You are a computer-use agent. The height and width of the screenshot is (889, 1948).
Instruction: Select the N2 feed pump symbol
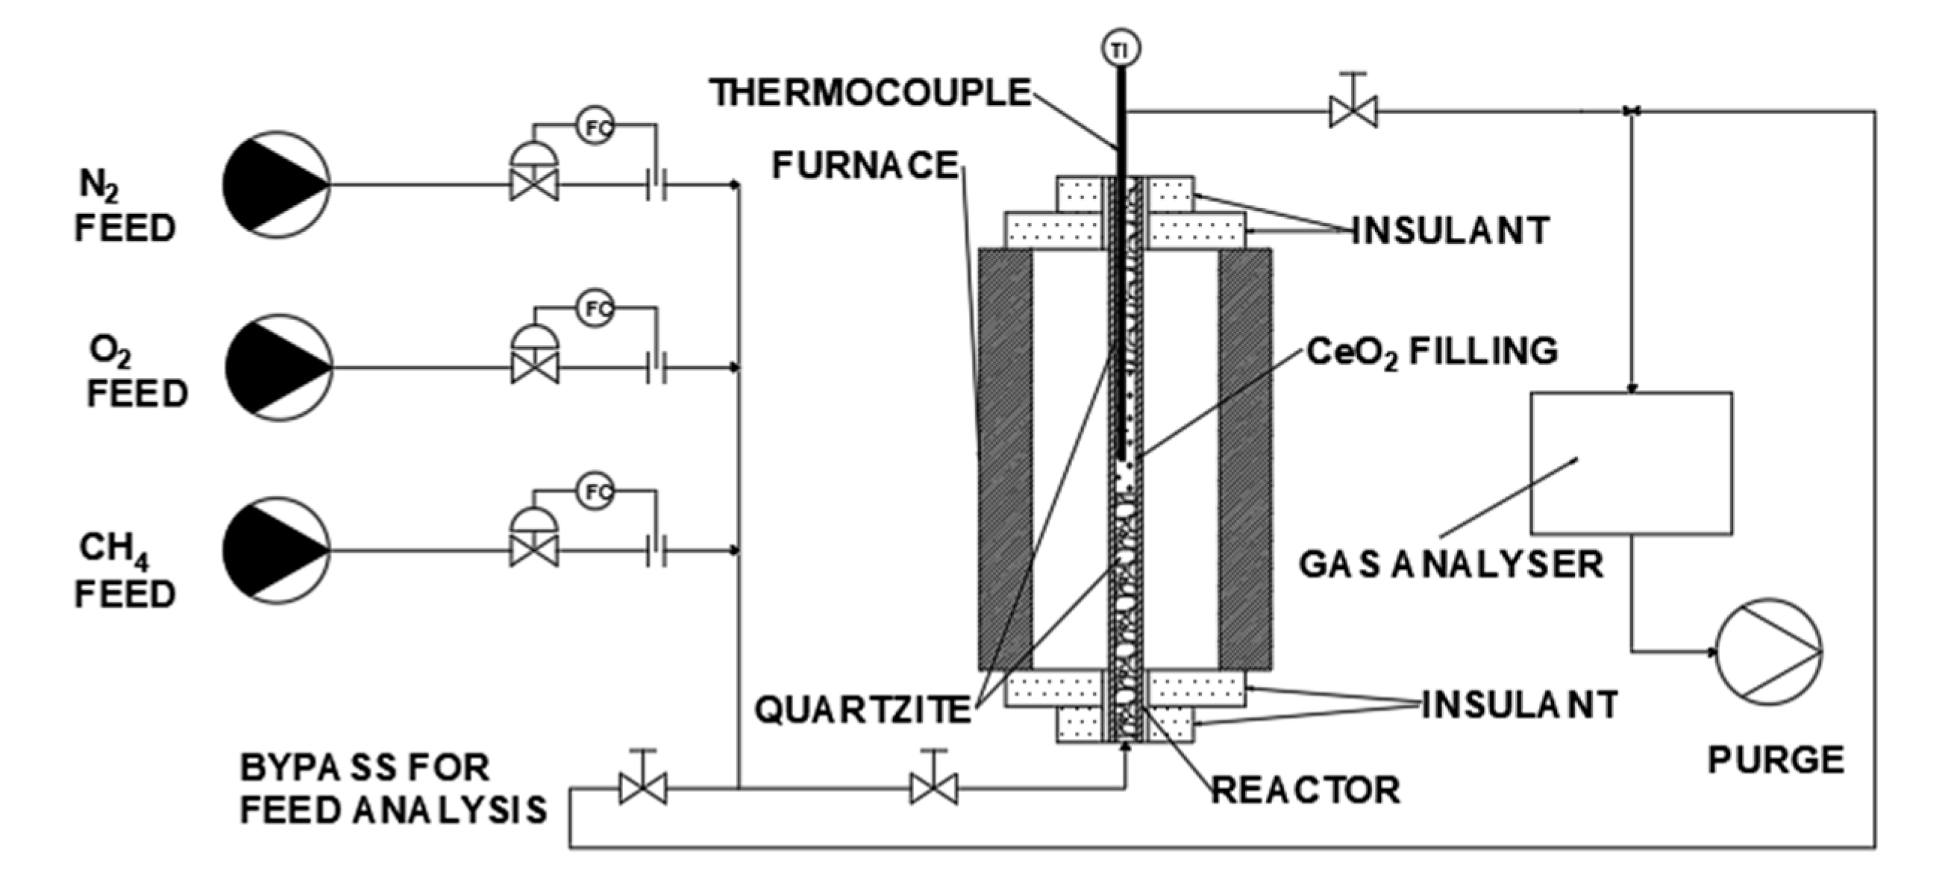[276, 184]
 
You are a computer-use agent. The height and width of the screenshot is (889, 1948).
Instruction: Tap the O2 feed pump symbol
[278, 368]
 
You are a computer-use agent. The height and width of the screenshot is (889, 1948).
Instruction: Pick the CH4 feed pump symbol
[276, 551]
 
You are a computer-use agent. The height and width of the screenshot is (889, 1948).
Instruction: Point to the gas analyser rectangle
[1630, 462]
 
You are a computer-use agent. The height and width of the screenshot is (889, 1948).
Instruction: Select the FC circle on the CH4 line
[596, 493]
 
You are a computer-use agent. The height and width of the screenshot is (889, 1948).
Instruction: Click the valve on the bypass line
[643, 789]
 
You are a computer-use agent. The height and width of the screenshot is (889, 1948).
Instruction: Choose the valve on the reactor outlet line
[1353, 112]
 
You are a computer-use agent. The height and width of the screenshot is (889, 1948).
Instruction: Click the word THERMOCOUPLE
[870, 94]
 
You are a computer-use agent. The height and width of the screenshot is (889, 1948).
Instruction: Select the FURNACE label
[865, 166]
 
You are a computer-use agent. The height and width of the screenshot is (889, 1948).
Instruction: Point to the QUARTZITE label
[862, 710]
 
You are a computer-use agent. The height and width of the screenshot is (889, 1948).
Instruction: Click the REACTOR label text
[1306, 791]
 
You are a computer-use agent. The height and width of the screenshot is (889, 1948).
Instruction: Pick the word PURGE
[1776, 761]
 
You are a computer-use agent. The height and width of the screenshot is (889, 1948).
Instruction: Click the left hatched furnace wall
[1005, 459]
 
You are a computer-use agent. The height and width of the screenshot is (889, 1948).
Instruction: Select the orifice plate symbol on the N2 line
[657, 184]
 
